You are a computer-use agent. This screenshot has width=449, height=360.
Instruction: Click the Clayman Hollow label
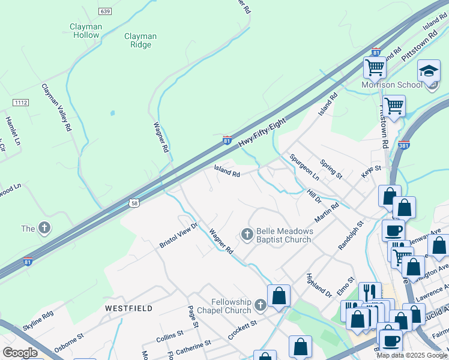pos(85,31)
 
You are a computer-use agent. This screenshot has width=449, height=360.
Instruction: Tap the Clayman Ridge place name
pos(140,40)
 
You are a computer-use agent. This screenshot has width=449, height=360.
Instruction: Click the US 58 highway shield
pos(134,203)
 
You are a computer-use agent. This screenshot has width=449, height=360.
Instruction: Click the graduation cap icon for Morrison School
pos(429,71)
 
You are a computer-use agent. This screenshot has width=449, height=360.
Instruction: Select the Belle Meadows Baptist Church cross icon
pos(247,235)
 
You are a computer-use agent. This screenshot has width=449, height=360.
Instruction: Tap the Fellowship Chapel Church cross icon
pos(260,305)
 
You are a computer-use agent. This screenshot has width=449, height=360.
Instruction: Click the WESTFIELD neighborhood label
pos(128,308)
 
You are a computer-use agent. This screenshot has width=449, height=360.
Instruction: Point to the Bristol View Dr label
pos(178,236)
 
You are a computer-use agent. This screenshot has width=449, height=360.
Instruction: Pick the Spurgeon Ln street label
pos(304,167)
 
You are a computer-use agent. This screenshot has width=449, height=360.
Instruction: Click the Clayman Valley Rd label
pos(56,107)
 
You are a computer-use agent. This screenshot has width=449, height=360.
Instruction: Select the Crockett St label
pos(243,329)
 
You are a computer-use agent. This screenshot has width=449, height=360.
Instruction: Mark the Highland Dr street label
pos(319,286)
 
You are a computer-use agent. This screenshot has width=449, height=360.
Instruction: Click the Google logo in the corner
pos(20,353)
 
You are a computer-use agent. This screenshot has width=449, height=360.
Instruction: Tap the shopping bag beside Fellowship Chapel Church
pos(279,296)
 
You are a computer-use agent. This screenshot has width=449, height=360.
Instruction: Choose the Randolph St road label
pos(351,235)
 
